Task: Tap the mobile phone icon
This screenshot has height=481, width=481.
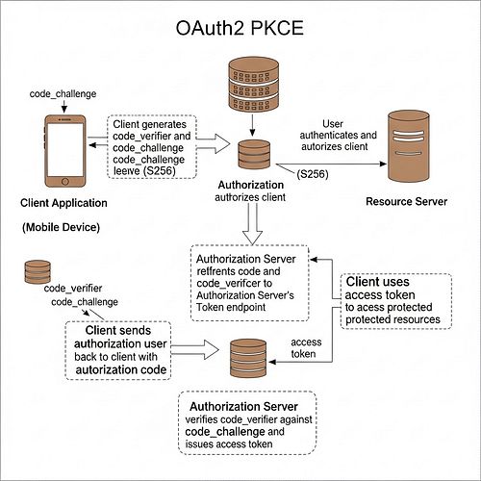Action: tap(61, 150)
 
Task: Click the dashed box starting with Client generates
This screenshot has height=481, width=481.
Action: tap(153, 144)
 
